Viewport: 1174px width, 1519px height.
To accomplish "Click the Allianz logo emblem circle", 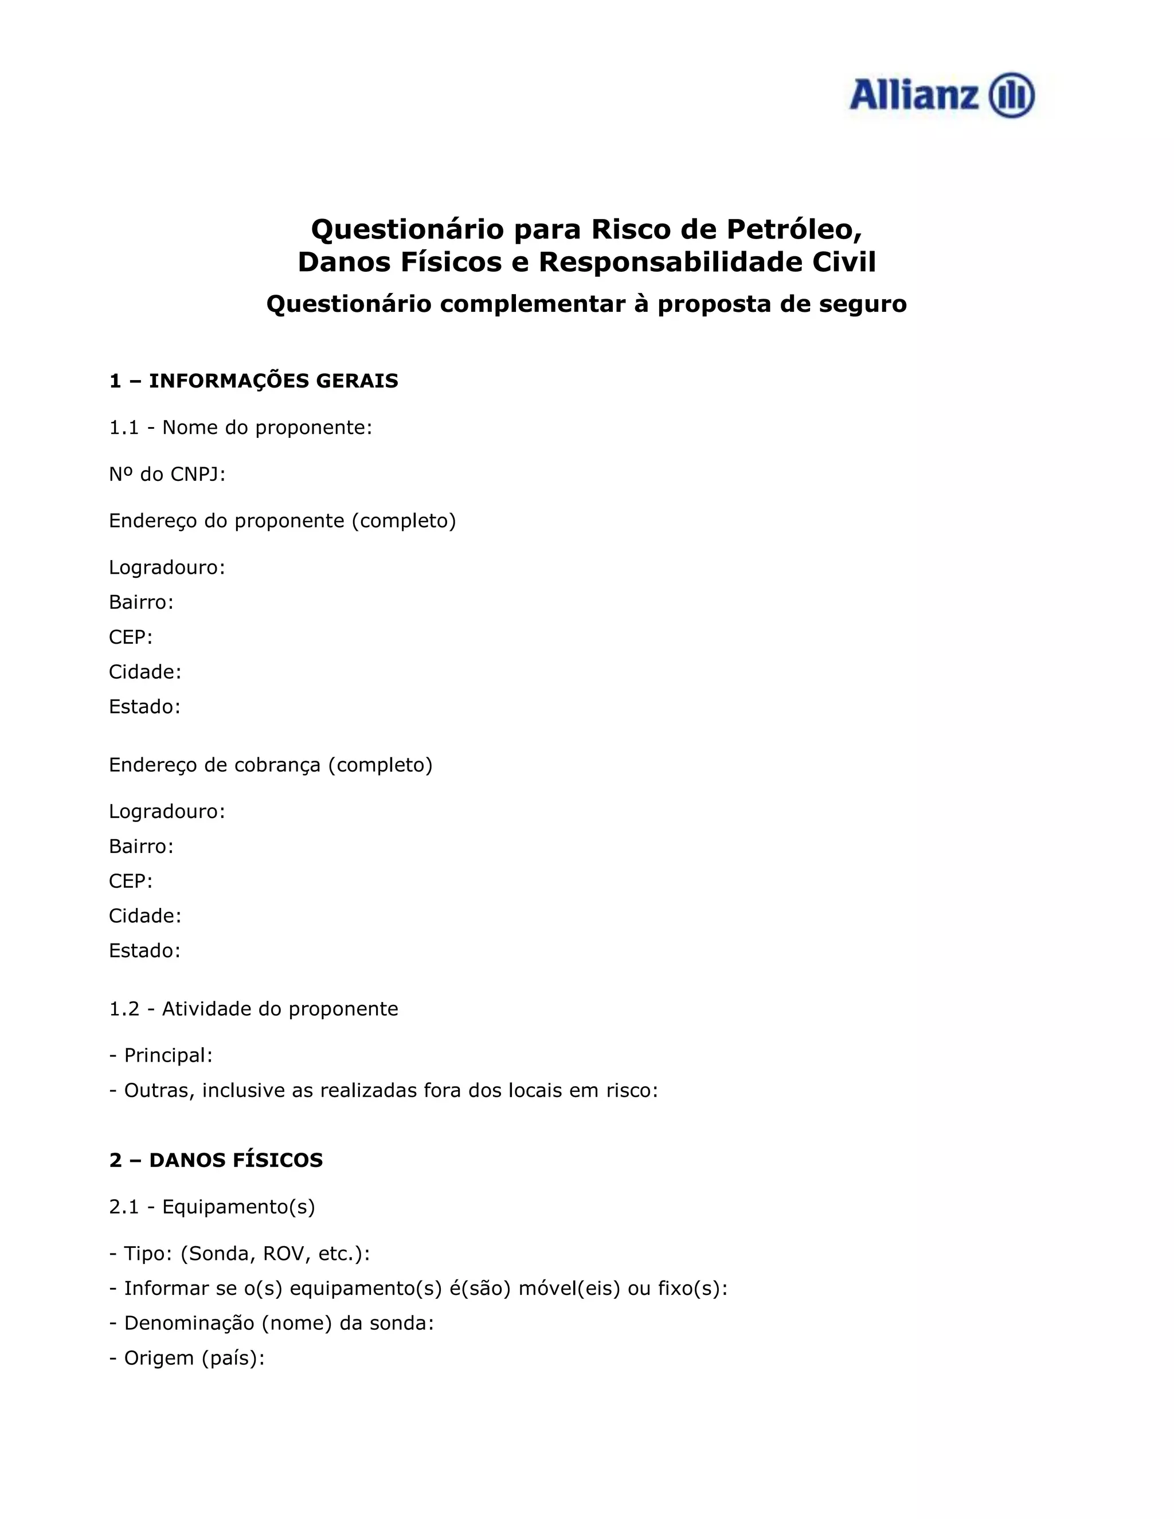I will [x=1012, y=95].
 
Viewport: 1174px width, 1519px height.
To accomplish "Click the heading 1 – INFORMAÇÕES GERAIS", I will [x=253, y=381].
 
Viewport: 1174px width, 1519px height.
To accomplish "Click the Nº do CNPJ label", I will [x=167, y=475].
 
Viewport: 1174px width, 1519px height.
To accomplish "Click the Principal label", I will [x=167, y=1055].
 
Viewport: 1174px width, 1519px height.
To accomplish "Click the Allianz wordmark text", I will [x=913, y=95].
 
